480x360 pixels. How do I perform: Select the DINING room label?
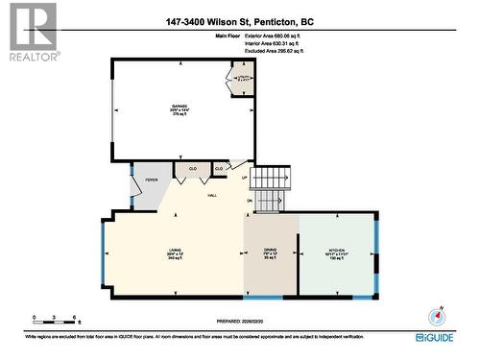tap(270, 253)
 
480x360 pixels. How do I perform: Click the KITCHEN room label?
tap(337, 253)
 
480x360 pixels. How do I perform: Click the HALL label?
tap(212, 196)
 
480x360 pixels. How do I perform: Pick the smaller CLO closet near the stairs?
tap(220, 169)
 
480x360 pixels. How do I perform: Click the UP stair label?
tap(244, 178)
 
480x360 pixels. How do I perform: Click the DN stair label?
tap(249, 200)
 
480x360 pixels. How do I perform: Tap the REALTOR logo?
tap(31, 32)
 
